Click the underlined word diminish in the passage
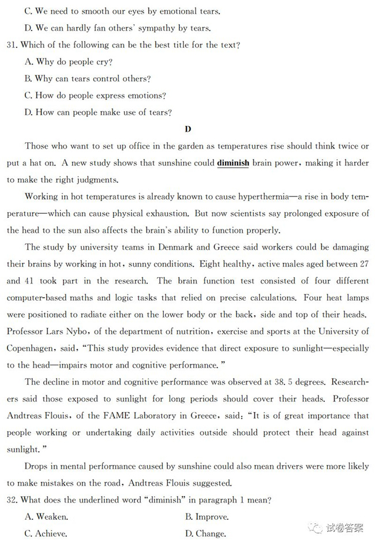coord(233,163)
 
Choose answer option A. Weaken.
coord(46,517)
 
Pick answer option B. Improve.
coord(207,517)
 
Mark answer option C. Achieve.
coord(46,534)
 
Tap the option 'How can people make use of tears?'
coord(98,112)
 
